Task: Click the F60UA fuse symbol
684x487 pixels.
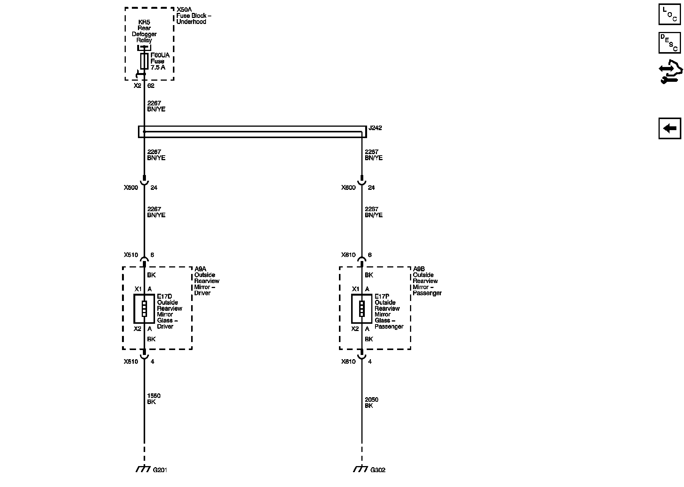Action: click(144, 61)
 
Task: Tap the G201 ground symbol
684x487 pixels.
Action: click(143, 469)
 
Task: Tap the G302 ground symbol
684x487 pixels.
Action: click(360, 469)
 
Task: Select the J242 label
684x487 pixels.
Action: click(375, 128)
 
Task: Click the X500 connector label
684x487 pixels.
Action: click(131, 188)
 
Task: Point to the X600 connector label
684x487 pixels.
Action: click(348, 188)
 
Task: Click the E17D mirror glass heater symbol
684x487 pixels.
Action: click(144, 309)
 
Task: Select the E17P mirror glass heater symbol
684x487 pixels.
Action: click(361, 309)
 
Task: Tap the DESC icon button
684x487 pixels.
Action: click(670, 43)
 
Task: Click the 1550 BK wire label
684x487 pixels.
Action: click(154, 399)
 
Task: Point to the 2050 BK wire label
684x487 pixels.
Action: click(371, 403)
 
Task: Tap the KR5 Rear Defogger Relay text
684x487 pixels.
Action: click(144, 31)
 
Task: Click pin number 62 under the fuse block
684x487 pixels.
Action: click(151, 86)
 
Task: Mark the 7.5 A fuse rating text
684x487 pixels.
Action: click(158, 67)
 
